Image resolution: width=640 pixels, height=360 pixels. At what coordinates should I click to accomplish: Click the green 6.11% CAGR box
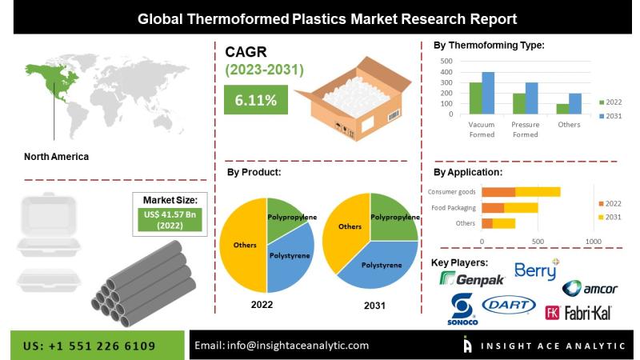pos(256,99)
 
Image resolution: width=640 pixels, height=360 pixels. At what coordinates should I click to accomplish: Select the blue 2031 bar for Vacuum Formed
pos(488,93)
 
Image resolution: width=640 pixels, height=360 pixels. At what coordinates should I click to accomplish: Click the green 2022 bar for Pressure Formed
pos(519,104)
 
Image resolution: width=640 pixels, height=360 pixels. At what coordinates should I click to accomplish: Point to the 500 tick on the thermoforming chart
pos(446,62)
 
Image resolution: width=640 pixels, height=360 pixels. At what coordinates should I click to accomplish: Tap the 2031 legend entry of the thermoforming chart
pos(610,116)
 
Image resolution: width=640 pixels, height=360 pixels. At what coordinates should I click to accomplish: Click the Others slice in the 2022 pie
pos(243,245)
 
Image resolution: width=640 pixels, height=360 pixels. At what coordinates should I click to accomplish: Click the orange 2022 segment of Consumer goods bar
pos(498,192)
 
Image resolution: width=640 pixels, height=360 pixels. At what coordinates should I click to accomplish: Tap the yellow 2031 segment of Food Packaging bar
pos(521,208)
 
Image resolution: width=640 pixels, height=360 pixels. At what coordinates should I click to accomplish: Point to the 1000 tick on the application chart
pos(593,242)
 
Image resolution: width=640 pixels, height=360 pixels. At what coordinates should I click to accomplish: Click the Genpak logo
pos(472,279)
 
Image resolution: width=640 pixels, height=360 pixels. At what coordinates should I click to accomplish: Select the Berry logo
pos(537,270)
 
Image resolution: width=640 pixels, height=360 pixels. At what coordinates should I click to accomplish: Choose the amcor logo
pos(590,288)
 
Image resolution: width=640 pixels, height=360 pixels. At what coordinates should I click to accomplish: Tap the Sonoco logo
pos(462,309)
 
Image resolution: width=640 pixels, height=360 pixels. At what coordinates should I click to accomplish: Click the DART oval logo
pos(509,305)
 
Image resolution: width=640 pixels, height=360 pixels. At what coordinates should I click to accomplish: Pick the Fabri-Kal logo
pos(578,313)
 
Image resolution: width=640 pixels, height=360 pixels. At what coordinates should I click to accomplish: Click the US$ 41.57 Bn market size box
pos(170,219)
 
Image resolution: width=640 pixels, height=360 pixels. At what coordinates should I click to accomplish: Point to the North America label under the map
pos(56,157)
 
